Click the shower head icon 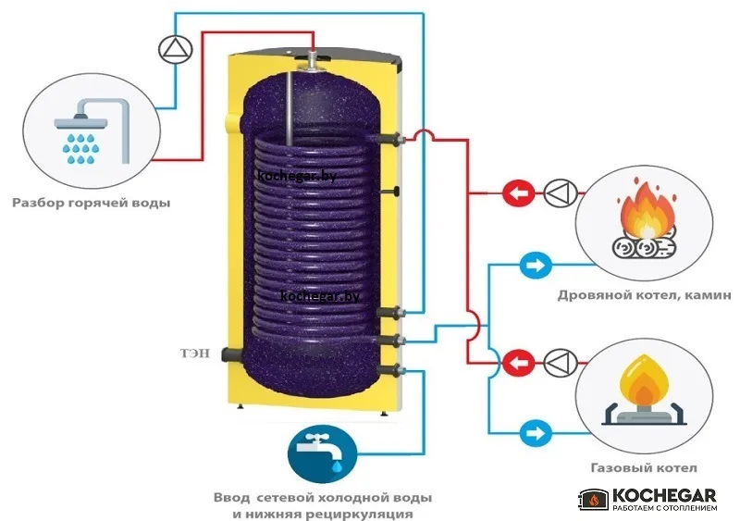click(x=92, y=130)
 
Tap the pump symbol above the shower click(x=176, y=50)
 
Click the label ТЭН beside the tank click(x=195, y=354)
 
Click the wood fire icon click(x=645, y=218)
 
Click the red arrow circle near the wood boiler click(x=518, y=193)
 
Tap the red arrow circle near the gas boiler click(x=518, y=364)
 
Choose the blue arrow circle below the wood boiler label click(x=536, y=265)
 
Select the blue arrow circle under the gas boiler click(x=536, y=433)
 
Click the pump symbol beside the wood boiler click(x=561, y=193)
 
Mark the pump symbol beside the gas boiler click(x=561, y=363)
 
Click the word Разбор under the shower click(x=38, y=203)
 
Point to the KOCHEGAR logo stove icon click(x=594, y=500)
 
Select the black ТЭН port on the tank click(x=231, y=354)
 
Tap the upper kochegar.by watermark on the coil click(x=297, y=176)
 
